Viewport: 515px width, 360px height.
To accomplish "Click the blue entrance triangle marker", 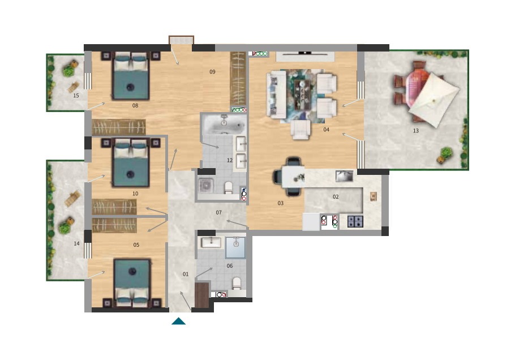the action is [178, 322].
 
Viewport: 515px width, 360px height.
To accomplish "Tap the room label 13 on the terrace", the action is [415, 131].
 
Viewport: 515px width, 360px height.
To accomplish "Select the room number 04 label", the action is [326, 130].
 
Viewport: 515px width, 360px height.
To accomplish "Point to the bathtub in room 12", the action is [224, 124].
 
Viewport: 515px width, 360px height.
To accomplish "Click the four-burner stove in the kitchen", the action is [355, 221].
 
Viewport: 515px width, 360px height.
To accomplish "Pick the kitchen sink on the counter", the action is [344, 176].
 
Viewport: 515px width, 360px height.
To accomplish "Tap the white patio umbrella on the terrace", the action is [434, 100].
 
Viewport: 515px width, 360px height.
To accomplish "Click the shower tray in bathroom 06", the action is [235, 247].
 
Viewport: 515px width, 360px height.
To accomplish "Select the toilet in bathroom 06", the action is [237, 283].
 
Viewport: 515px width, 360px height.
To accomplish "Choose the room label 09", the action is [212, 72].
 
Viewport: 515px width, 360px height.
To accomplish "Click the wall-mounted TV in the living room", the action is [305, 53].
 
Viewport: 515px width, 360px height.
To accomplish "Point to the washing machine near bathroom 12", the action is [206, 186].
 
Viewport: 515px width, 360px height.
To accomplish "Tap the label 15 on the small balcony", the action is [76, 96].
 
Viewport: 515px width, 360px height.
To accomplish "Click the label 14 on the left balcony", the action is [76, 244].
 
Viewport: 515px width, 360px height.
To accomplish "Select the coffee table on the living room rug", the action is [303, 95].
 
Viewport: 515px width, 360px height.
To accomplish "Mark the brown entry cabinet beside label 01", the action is [201, 295].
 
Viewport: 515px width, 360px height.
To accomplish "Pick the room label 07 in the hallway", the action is [219, 213].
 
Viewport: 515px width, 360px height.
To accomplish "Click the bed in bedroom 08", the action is [131, 76].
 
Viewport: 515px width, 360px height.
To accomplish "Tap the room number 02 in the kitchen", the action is [336, 197].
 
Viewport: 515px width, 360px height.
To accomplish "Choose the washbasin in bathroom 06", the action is [211, 243].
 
